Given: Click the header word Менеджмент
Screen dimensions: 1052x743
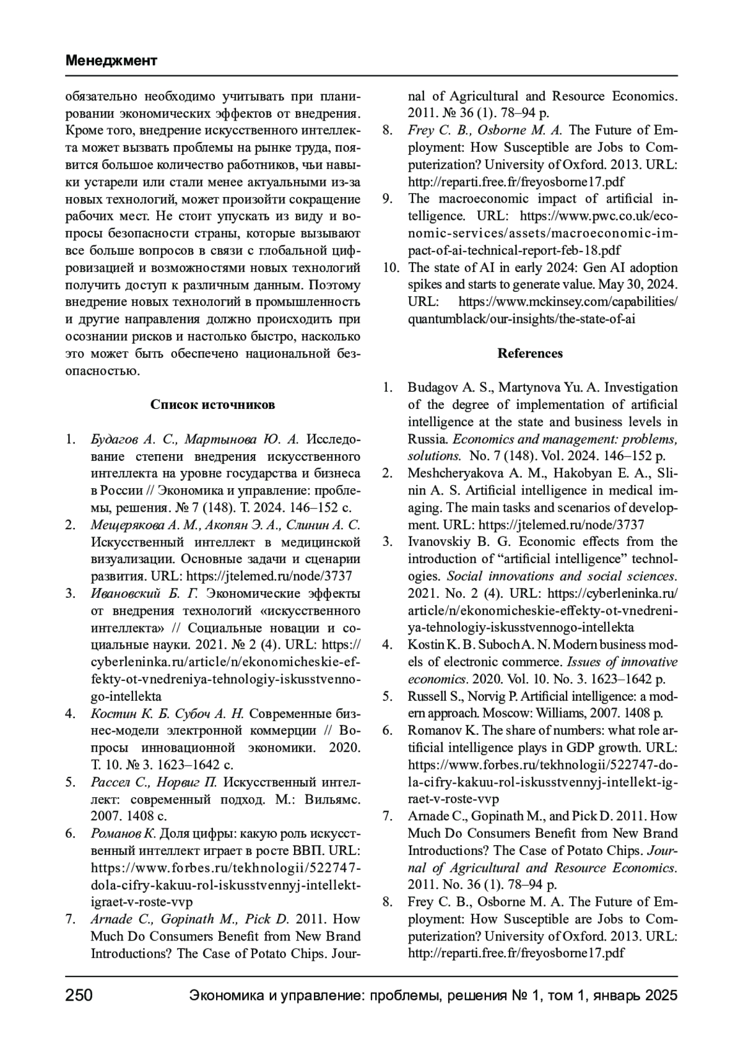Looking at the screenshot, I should coord(111,61).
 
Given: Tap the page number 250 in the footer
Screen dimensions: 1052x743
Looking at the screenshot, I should coord(79,996).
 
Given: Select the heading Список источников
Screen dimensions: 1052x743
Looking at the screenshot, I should coord(212,405).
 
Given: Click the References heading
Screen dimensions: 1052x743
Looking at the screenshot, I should coord(530,353).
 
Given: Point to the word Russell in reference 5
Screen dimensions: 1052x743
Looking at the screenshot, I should coord(426,696).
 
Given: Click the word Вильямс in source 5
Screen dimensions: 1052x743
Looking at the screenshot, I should coord(332,799).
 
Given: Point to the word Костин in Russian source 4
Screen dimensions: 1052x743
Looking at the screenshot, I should coord(109,713).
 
